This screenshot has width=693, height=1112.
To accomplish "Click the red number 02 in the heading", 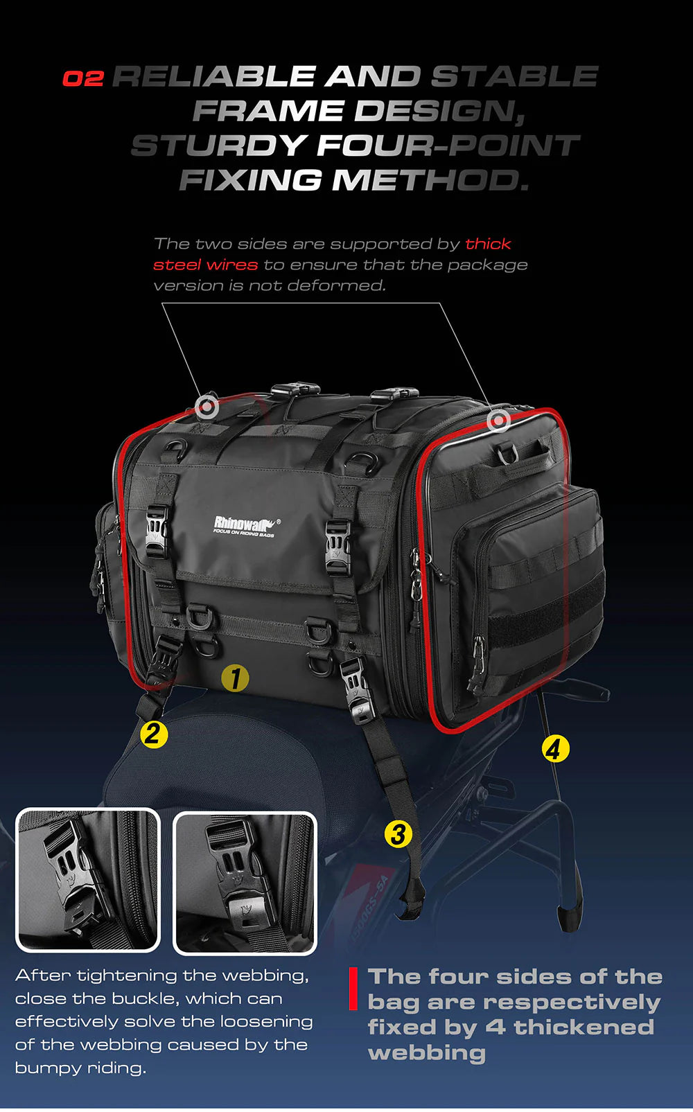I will tap(82, 78).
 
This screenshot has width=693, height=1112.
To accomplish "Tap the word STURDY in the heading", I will tap(218, 145).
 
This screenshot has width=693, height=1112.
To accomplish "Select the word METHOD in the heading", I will tap(430, 180).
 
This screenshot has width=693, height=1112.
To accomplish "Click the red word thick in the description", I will tap(488, 244).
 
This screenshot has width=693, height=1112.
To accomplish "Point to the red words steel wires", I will tap(205, 265).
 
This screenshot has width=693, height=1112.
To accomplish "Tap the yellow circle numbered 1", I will tap(235, 678).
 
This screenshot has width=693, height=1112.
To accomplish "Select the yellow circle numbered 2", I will tap(154, 734).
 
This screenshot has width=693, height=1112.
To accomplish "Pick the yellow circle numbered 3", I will tap(398, 833).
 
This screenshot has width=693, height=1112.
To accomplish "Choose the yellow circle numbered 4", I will tap(554, 748).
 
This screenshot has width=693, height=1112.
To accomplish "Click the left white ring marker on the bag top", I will tap(206, 407).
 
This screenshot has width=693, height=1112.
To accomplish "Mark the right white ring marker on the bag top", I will tap(498, 420).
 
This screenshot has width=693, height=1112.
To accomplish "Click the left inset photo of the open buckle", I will tap(88, 880).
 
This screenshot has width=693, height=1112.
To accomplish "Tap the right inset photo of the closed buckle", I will tap(245, 883).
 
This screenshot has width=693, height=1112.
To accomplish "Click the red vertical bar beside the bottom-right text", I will tap(353, 989).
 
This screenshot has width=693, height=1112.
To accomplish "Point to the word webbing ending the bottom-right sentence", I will tap(427, 1053).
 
